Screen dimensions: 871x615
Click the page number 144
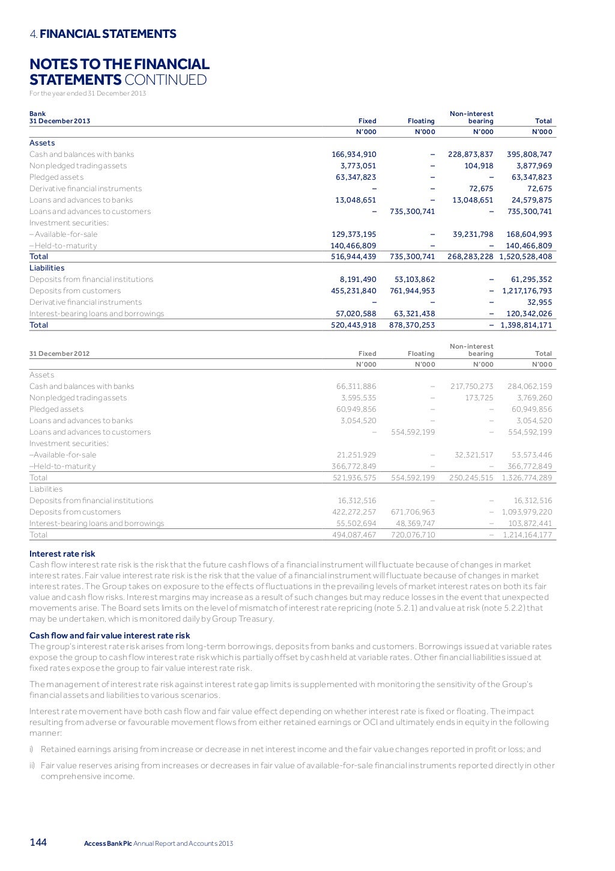[38, 843]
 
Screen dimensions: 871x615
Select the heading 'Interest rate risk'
[62, 554]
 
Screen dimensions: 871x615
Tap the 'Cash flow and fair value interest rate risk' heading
[109, 635]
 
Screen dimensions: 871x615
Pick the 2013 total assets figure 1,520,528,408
[526, 257]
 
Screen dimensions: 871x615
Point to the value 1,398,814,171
[526, 325]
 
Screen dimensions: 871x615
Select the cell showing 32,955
[539, 302]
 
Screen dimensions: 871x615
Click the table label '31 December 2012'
[59, 353]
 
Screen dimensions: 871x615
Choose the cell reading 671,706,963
[411, 512]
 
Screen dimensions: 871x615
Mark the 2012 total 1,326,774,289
[527, 478]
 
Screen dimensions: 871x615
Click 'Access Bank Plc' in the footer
[108, 843]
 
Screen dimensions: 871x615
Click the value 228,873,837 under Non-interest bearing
[470, 154]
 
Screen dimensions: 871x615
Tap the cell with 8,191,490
[358, 280]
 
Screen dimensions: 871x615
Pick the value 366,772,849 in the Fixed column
[354, 466]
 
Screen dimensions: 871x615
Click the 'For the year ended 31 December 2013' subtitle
[88, 93]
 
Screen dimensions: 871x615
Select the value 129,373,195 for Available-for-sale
[354, 234]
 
